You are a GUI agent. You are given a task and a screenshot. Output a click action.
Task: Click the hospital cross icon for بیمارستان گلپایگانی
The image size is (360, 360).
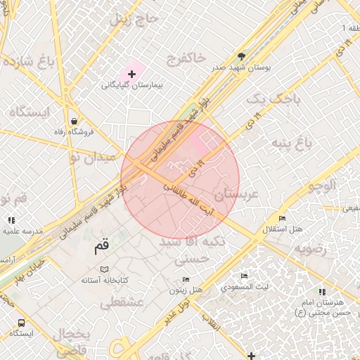131,73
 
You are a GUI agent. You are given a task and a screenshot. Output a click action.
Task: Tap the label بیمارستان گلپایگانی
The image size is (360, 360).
131,85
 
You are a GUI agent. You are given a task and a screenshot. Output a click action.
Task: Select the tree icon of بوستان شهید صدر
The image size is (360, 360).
242,56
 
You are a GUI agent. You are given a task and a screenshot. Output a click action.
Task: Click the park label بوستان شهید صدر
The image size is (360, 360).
242,67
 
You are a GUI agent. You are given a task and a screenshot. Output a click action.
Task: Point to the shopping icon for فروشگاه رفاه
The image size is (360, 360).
75,120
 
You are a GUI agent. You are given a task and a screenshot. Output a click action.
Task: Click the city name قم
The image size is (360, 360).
102,247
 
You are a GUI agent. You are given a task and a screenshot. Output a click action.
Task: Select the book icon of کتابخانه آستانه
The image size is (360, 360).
104,269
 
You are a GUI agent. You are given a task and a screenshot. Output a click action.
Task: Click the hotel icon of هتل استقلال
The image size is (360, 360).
282,219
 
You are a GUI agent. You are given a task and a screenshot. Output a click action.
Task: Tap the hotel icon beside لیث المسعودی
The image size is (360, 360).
244,276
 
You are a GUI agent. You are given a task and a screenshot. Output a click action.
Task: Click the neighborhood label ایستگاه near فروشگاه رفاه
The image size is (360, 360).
29,112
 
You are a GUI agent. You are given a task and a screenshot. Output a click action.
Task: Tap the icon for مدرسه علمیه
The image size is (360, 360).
11,220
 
